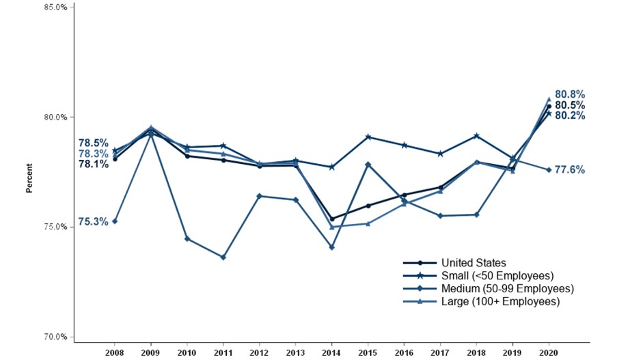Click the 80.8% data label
[x=569, y=94]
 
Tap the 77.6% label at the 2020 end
[x=569, y=170]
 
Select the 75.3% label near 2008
[x=93, y=221]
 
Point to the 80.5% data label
[x=569, y=105]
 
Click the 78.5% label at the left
[x=93, y=143]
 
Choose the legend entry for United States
[x=474, y=263]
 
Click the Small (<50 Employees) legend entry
[x=497, y=276]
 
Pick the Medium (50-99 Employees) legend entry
[x=507, y=289]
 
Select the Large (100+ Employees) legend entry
[x=500, y=301]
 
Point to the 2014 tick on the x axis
[x=331, y=352]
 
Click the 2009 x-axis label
[x=150, y=352]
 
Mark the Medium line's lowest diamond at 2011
[x=223, y=258]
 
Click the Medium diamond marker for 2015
[x=368, y=165]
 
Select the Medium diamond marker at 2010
[x=187, y=238]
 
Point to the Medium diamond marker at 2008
[x=114, y=221]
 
